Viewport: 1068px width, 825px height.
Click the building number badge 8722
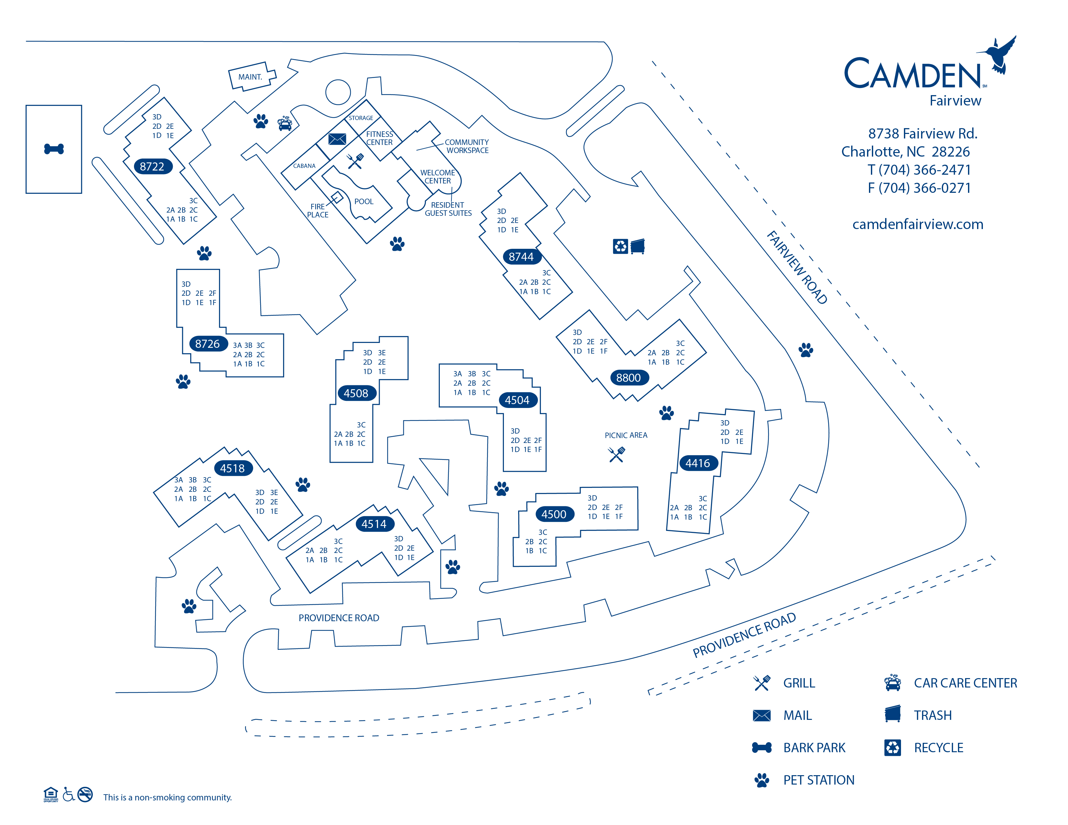click(152, 167)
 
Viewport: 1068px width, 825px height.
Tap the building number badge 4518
click(233, 468)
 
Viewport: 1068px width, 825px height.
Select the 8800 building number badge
click(629, 378)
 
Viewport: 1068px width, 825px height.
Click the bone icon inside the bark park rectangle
click(54, 149)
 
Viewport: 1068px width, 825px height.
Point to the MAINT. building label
click(250, 77)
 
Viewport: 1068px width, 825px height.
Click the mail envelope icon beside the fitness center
click(337, 139)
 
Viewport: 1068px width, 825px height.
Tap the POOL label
click(364, 201)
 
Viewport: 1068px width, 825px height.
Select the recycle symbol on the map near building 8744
click(620, 246)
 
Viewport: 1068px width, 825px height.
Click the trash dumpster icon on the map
click(638, 246)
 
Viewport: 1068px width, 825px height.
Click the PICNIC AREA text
click(626, 435)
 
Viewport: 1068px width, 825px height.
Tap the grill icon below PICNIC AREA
click(617, 455)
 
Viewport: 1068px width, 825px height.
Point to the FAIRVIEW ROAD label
click(796, 268)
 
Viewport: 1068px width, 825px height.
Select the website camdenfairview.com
click(918, 224)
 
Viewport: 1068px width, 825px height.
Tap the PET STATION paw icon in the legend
click(762, 780)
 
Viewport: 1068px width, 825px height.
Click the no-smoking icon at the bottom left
click(85, 794)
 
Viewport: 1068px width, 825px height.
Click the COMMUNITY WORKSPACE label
click(466, 146)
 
